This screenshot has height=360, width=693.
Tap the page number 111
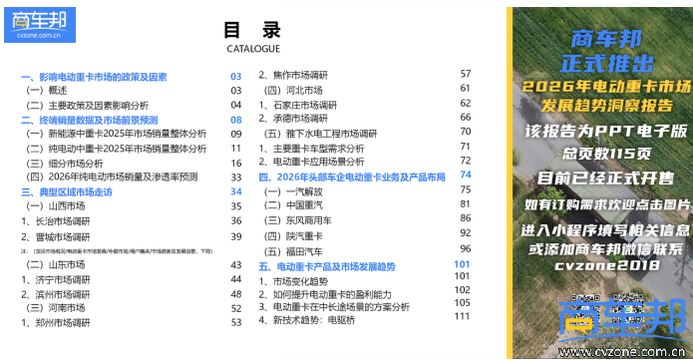click(462, 316)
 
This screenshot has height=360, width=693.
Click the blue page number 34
click(236, 190)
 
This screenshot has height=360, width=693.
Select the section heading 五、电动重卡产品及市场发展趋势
click(327, 266)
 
